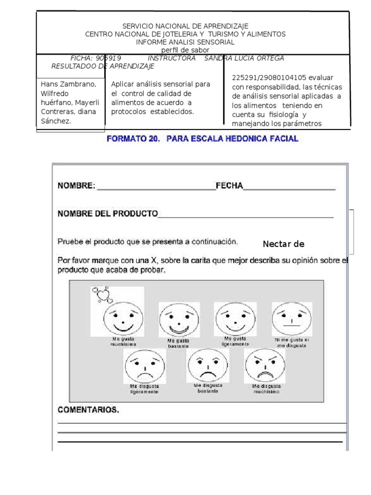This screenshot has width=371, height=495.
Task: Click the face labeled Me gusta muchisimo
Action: pyautogui.click(x=123, y=318)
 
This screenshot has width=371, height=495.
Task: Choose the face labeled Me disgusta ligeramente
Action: pyautogui.click(x=144, y=365)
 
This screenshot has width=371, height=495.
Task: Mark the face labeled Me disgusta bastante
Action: pyautogui.click(x=208, y=365)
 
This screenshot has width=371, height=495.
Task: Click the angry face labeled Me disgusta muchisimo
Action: pyautogui.click(x=265, y=365)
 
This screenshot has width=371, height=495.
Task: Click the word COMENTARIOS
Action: pyautogui.click(x=88, y=410)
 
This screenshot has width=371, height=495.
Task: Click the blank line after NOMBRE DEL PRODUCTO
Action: pyautogui.click(x=245, y=216)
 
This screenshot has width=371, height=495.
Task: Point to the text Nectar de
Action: pyautogui.click(x=284, y=244)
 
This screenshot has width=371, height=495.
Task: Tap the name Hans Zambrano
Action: pyautogui.click(x=69, y=84)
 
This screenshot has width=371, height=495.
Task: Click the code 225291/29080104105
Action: pyautogui.click(x=269, y=77)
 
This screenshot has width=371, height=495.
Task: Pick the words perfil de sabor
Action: pyautogui.click(x=185, y=50)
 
